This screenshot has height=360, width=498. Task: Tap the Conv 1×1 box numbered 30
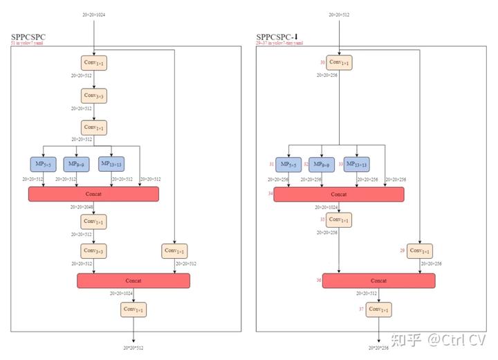[340, 63]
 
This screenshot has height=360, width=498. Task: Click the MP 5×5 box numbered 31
[288, 164]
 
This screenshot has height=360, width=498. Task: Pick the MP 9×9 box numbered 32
[322, 164]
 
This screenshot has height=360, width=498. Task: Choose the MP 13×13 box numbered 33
[356, 164]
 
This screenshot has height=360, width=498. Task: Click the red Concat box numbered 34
[339, 195]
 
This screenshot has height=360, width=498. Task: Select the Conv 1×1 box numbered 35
[339, 219]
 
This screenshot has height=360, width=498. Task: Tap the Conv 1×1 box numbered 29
[419, 251]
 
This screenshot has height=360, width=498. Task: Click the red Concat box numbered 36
[378, 280]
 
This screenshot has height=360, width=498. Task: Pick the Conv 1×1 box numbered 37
[378, 309]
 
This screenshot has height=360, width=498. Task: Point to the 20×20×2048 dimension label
[81, 206]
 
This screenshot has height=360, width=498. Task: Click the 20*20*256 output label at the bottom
[378, 348]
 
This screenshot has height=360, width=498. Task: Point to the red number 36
[319, 280]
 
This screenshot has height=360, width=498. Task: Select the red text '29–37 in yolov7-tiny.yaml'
[279, 44]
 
